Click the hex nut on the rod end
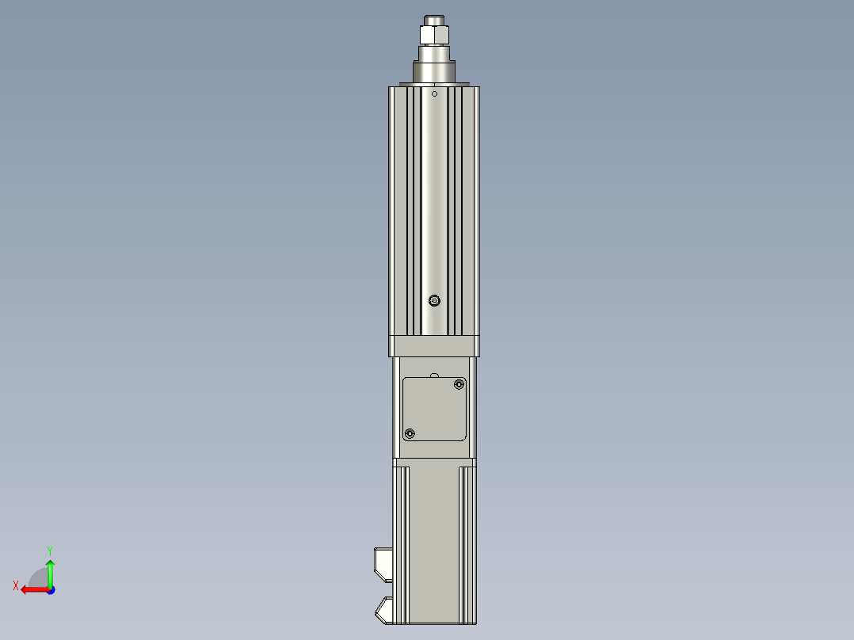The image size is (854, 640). coord(434,36)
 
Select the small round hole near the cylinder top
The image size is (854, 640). coord(434,93)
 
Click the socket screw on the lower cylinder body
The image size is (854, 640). coord(433,300)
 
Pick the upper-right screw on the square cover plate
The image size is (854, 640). coord(459,385)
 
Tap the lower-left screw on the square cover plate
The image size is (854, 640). coord(410,433)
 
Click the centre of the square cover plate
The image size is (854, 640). coord(434,409)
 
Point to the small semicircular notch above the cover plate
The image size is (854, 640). coord(434,374)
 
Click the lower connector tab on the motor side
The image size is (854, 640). coord(383,610)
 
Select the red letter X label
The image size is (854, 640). coord(16,585)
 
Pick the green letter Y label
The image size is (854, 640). coord(49,550)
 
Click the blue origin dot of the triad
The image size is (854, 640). coord(50,589)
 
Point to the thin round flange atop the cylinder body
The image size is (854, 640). coord(434,83)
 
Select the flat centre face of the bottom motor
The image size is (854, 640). coord(434,539)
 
